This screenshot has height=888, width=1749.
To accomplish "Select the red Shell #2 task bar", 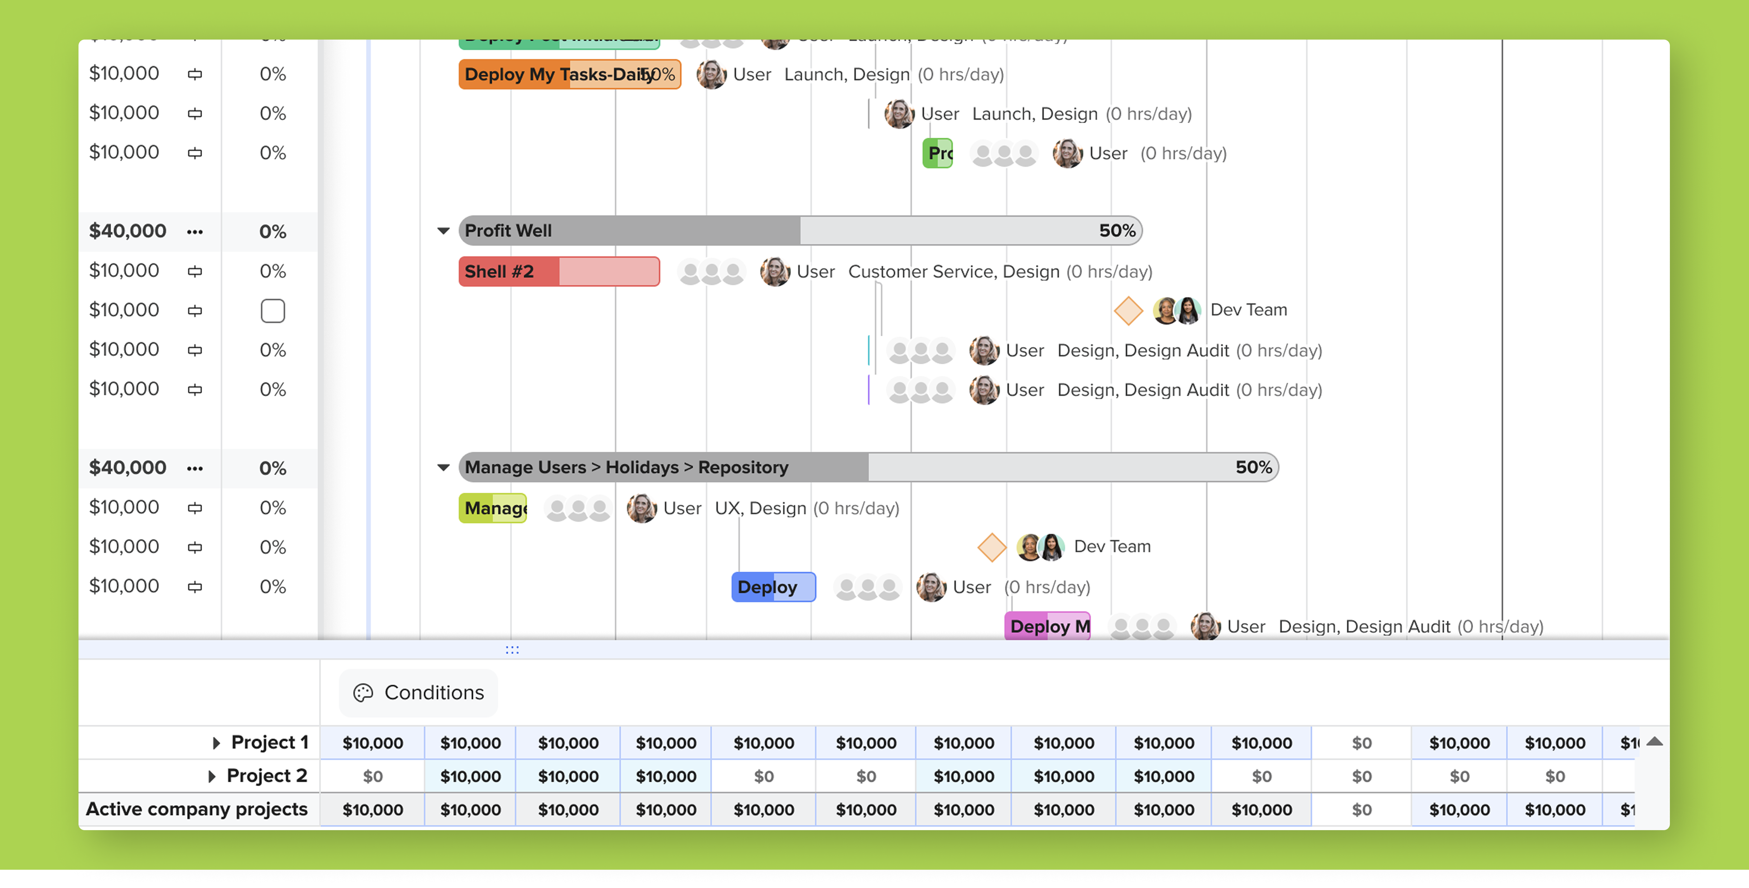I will [x=558, y=272].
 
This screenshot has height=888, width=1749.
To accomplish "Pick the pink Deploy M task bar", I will [x=1047, y=626].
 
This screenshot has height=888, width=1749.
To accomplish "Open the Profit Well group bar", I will [x=800, y=231].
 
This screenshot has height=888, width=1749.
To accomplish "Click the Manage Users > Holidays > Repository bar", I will [x=868, y=467].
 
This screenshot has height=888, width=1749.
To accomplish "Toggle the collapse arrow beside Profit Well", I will [x=443, y=231].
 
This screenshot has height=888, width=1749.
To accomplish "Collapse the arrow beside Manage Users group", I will [x=443, y=467].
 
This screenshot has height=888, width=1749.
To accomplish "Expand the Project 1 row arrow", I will [x=216, y=743].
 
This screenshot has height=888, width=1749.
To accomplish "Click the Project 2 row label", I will [x=267, y=776].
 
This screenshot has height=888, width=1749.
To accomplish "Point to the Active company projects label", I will [x=197, y=809].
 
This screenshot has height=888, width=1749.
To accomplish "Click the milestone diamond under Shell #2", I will [x=1128, y=311].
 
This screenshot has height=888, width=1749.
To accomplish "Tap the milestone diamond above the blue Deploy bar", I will [x=991, y=547].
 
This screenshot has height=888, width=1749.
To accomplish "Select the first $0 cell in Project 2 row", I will [x=373, y=776].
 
